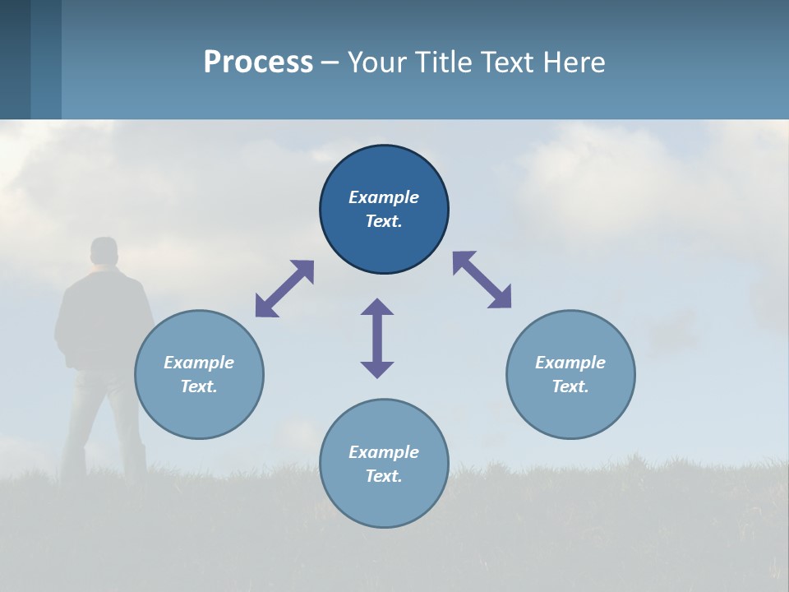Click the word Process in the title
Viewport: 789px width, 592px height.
258,62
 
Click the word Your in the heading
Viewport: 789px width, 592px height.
378,62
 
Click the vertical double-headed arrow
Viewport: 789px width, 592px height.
377,338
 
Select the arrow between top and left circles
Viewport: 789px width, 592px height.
284,289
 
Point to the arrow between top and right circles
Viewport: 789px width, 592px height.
482,280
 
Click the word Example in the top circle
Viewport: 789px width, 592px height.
384,197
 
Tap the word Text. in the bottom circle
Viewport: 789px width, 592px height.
384,476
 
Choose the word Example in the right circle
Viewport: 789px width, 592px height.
570,363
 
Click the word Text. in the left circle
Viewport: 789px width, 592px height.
199,386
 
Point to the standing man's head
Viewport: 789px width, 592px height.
104,252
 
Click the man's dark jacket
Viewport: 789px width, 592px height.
103,321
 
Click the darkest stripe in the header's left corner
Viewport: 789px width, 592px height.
15,59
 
